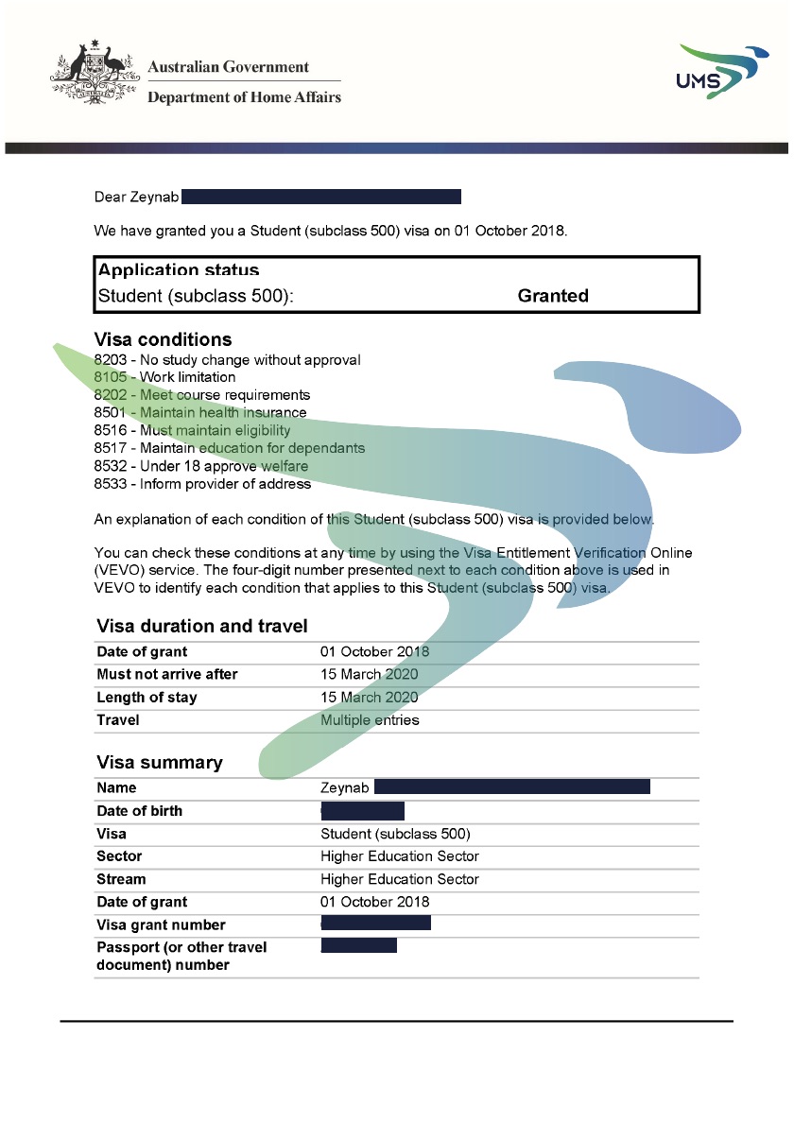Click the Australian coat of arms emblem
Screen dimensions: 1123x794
click(91, 72)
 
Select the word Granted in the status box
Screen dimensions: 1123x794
click(553, 296)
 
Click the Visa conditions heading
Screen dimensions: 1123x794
click(163, 339)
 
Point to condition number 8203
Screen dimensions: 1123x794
click(111, 360)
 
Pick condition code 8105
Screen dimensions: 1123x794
click(111, 377)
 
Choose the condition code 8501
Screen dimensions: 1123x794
click(111, 412)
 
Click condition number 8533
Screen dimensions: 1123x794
click(111, 484)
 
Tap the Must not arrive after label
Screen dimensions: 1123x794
click(167, 675)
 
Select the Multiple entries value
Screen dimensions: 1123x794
click(370, 720)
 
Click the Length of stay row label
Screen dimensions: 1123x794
click(147, 698)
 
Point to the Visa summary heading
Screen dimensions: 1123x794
click(160, 763)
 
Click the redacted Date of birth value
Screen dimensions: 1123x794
click(363, 811)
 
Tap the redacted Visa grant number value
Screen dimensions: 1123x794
click(376, 924)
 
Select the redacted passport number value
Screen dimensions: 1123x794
click(359, 946)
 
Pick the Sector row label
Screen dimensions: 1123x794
click(119, 856)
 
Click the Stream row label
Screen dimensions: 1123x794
click(121, 879)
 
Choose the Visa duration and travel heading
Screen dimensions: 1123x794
click(202, 626)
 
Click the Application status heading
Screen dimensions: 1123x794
click(179, 270)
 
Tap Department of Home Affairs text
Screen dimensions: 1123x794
click(244, 96)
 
